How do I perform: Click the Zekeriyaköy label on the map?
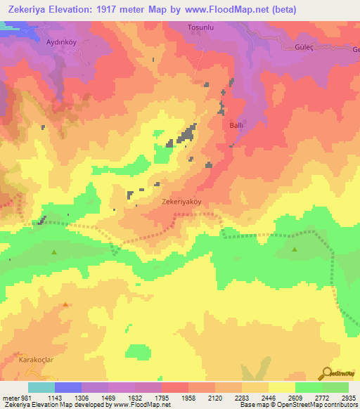pyautogui.click(x=181, y=200)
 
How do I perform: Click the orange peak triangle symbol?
pyautogui.click(x=65, y=304)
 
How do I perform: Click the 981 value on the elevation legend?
pyautogui.click(x=25, y=398)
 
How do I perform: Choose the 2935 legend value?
pyautogui.click(x=349, y=398)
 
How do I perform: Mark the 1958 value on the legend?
pyautogui.click(x=188, y=398)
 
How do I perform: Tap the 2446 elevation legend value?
pyautogui.click(x=268, y=398)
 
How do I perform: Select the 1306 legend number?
pyautogui.click(x=82, y=398)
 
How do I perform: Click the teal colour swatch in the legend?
pyautogui.click(x=41, y=387)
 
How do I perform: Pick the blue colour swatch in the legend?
pyautogui.click(x=68, y=387)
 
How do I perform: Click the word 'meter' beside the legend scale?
pyautogui.click(x=10, y=398)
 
